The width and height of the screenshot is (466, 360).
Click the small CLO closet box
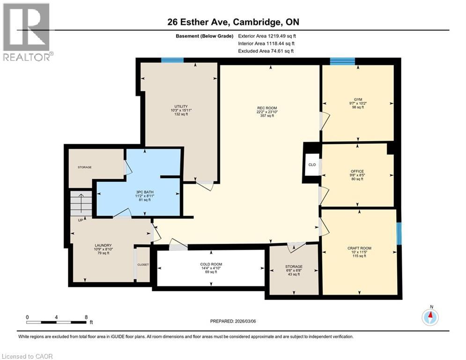click(x=312, y=165)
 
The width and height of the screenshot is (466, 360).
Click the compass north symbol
click(x=430, y=317)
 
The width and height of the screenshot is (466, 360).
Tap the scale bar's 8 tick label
click(x=86, y=317)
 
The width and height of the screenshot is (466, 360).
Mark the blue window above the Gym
click(x=342, y=60)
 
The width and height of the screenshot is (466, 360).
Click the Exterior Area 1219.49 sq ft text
click(x=267, y=36)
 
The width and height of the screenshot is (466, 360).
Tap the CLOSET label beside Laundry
click(x=143, y=265)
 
